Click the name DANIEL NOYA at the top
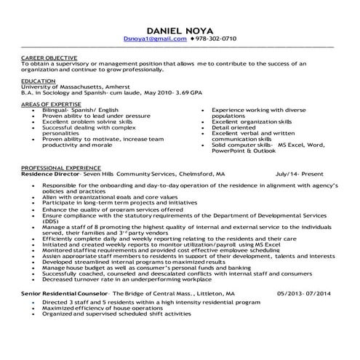click(180, 29)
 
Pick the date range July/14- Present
click(300, 175)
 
